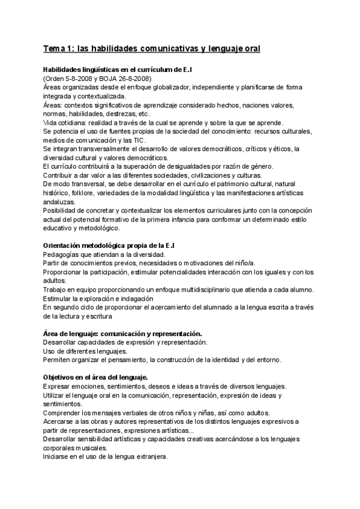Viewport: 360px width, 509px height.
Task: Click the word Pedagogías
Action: pyautogui.click(x=64, y=254)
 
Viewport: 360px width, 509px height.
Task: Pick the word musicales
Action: pyautogui.click(x=88, y=447)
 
